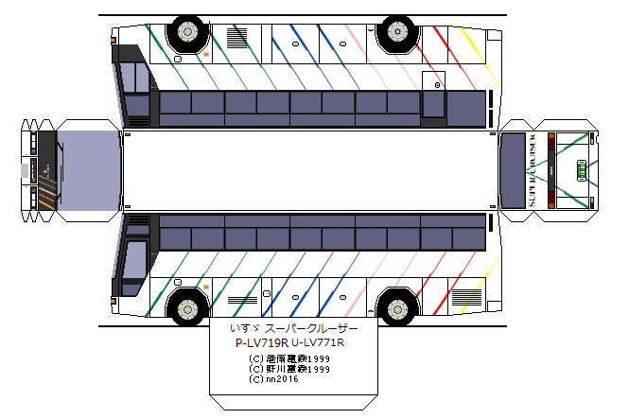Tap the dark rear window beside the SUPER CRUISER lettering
(512, 170)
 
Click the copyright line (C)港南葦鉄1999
(289, 358)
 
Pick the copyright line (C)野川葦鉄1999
(289, 369)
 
